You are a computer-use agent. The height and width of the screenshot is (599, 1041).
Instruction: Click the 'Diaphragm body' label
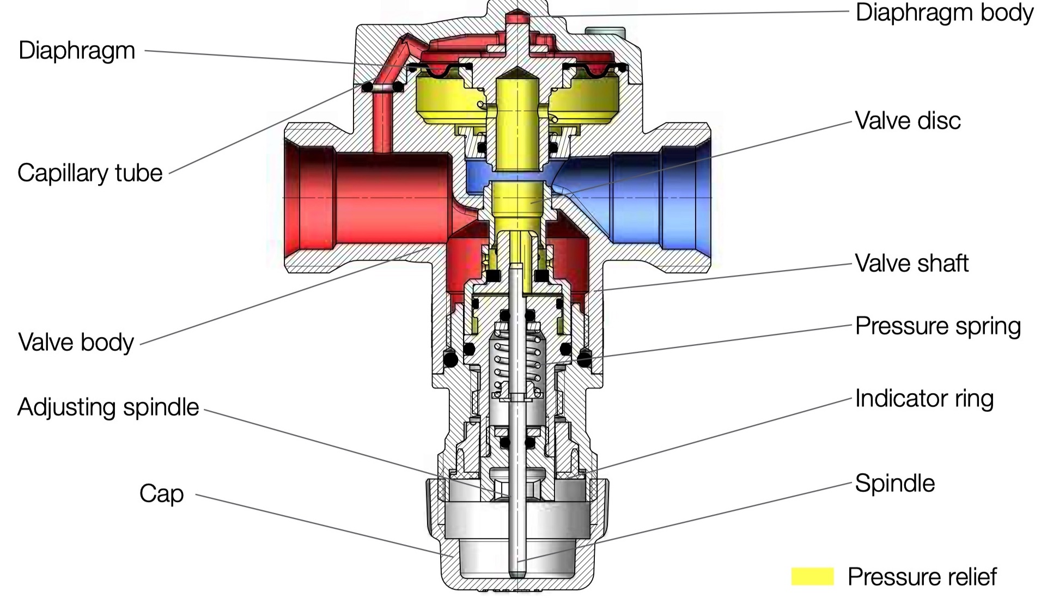943,13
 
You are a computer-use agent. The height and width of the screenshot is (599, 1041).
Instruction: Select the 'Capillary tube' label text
90,173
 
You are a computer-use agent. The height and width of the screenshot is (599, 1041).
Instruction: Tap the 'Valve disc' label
907,120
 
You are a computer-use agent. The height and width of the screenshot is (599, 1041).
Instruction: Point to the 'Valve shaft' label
911,263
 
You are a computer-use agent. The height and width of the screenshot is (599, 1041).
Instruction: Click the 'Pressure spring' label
937,326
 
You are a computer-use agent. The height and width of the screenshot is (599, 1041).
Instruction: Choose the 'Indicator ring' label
924,399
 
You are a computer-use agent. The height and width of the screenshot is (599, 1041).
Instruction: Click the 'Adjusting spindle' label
108,407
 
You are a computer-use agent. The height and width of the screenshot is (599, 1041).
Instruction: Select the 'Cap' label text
161,493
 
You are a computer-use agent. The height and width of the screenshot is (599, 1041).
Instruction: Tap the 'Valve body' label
76,342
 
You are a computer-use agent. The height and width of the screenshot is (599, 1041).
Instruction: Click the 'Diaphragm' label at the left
77,50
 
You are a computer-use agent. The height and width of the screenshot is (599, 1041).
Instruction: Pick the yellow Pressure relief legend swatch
812,577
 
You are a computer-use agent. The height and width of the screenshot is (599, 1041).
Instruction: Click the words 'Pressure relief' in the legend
922,577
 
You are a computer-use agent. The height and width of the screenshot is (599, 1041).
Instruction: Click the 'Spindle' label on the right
894,483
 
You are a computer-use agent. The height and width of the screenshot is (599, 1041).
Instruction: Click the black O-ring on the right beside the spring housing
584,359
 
